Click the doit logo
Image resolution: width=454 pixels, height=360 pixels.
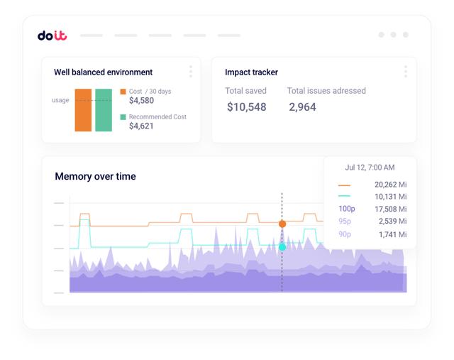click(x=52, y=35)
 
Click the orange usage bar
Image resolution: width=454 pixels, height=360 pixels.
click(x=83, y=110)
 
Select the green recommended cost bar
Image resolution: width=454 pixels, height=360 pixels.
click(x=104, y=110)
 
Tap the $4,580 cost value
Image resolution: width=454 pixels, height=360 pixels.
click(x=141, y=101)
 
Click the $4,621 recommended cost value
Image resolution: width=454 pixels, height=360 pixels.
click(x=141, y=126)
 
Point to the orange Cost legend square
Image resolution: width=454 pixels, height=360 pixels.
click(x=123, y=92)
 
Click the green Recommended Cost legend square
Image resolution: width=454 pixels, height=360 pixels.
click(x=123, y=117)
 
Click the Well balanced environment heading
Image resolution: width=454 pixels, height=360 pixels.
click(x=103, y=72)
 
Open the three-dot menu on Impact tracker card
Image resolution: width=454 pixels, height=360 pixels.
click(x=405, y=72)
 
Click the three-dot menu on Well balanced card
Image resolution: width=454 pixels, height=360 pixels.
click(x=190, y=72)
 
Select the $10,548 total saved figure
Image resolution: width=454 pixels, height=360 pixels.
click(x=246, y=107)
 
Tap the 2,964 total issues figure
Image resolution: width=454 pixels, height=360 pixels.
click(x=302, y=107)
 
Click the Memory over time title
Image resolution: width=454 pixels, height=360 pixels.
click(x=95, y=176)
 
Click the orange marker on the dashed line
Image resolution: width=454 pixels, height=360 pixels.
click(x=282, y=224)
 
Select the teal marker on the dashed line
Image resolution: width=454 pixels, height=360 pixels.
click(x=282, y=247)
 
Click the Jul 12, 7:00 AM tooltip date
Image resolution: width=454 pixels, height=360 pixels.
click(x=370, y=168)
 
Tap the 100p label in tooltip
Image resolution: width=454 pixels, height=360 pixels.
click(x=347, y=209)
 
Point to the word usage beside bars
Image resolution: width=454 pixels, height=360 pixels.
click(x=60, y=100)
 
